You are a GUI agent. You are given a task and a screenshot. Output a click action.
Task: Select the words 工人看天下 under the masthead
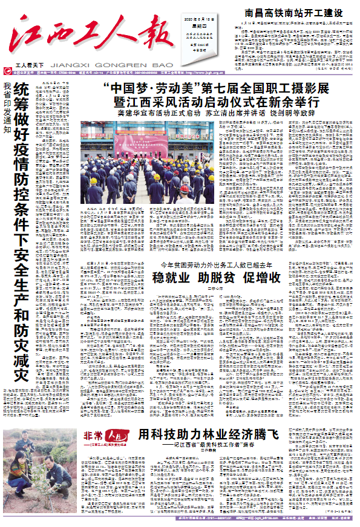[30, 64]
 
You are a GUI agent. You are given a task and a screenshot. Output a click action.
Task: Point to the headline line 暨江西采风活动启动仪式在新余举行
[217, 101]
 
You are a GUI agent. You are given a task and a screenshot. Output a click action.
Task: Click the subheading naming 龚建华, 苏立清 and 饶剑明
[217, 113]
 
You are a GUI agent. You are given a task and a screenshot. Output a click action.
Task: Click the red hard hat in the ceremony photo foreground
[185, 188]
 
